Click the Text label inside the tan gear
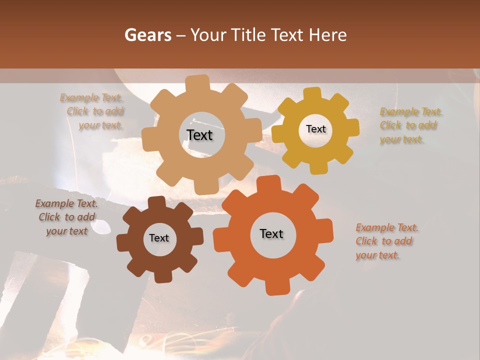point(199,135)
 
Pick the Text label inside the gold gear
point(315,129)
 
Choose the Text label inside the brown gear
point(159,238)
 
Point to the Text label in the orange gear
point(271,233)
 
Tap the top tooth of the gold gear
point(312,94)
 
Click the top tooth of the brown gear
point(157,202)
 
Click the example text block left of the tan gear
point(92,111)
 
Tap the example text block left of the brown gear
point(66,217)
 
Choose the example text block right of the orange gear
point(386,241)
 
